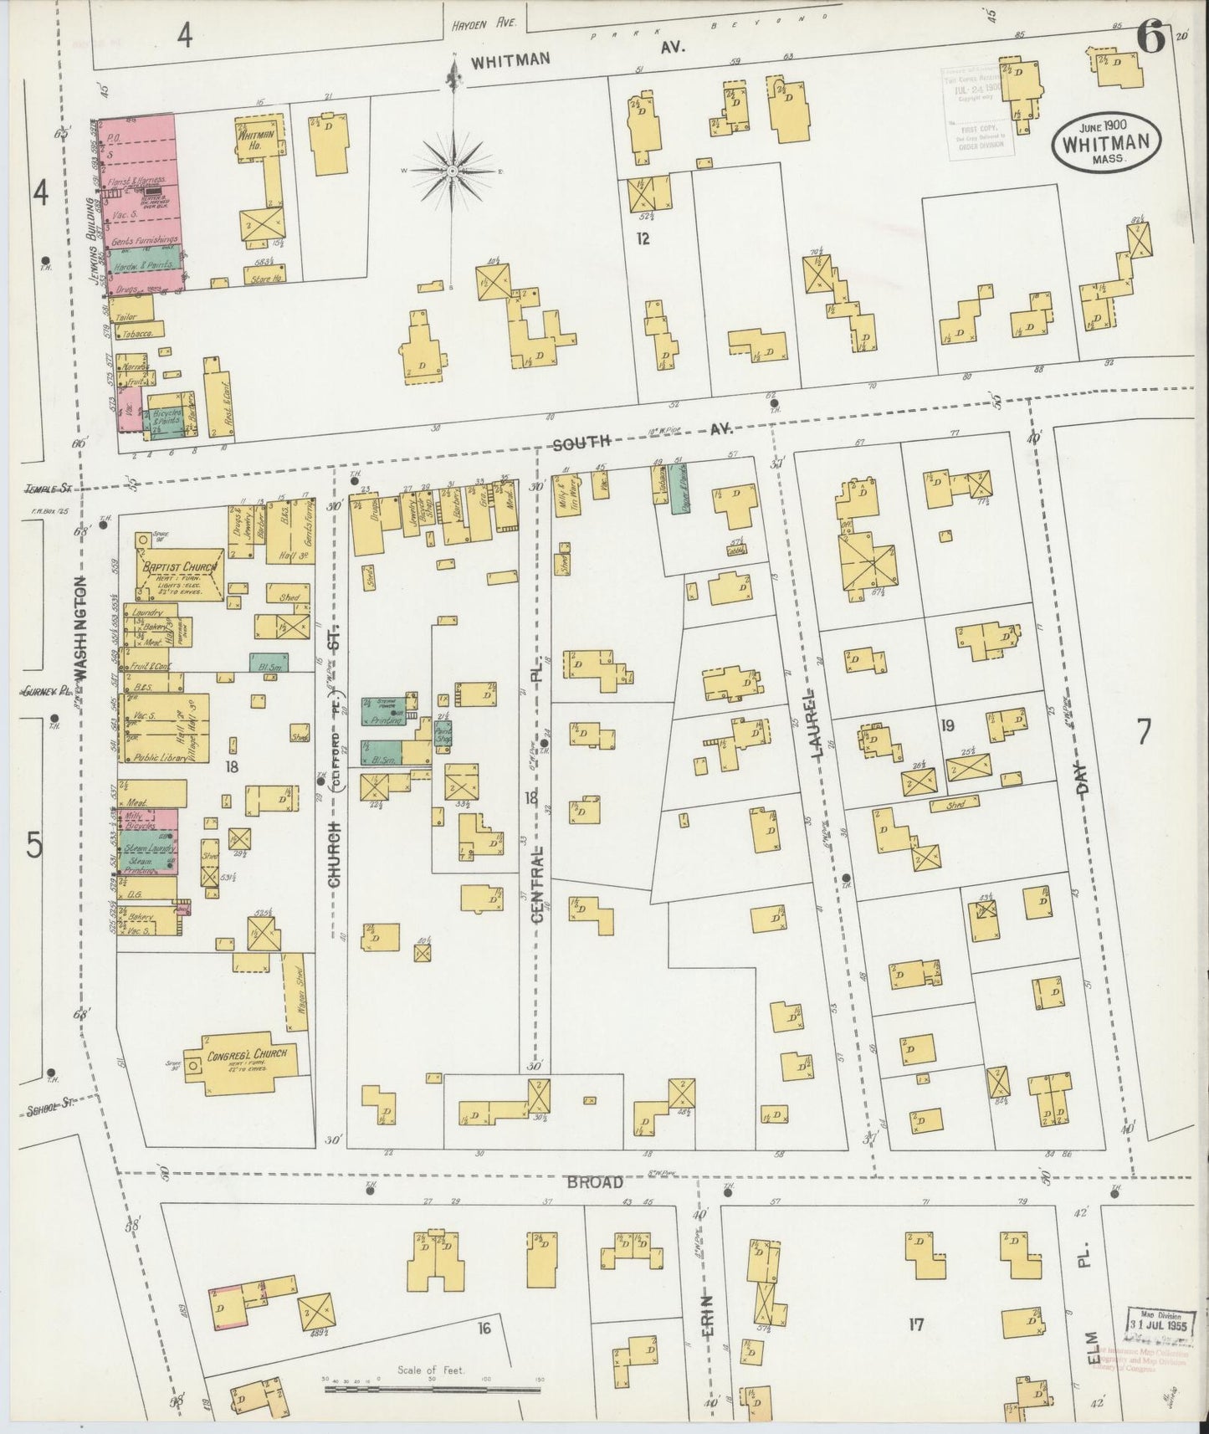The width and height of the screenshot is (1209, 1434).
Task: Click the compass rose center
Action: tap(453, 171)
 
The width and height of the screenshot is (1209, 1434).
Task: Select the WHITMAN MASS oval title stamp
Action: tap(1105, 141)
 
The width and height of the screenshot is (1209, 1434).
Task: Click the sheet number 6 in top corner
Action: tap(1153, 40)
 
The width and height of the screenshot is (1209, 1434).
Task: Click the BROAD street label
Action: tap(595, 1182)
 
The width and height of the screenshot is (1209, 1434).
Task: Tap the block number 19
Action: tap(947, 725)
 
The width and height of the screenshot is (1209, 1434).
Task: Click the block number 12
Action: tap(642, 239)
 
